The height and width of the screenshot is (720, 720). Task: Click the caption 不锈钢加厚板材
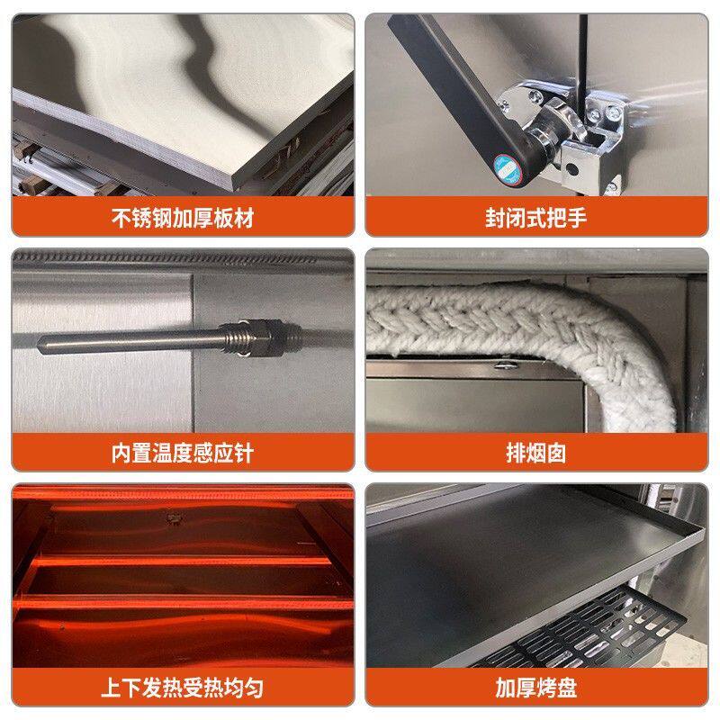(183, 218)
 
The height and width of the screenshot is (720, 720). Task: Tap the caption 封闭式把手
(535, 218)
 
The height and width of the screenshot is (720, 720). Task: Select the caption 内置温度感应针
(183, 453)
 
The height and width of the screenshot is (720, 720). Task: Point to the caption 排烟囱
(535, 453)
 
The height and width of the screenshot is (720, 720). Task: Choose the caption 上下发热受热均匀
(183, 688)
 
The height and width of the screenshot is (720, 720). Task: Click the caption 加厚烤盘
(535, 688)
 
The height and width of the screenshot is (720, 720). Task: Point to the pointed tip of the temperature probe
(39, 345)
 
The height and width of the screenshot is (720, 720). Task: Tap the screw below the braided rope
(507, 365)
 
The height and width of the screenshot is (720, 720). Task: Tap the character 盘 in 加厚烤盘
(567, 688)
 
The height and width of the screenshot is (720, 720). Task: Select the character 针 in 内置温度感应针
(244, 453)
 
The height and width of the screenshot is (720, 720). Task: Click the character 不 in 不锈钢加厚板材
(121, 218)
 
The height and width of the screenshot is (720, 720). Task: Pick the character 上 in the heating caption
(112, 688)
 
